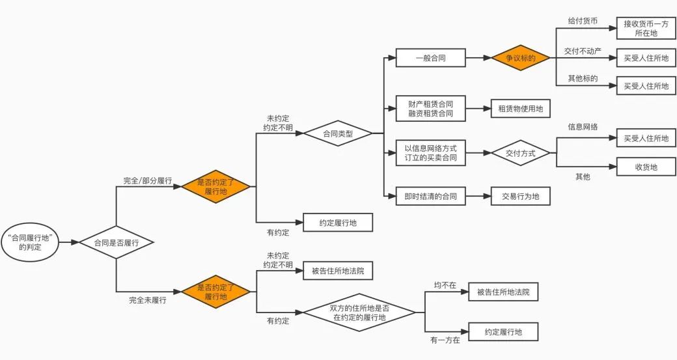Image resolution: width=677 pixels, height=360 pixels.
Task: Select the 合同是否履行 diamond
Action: point(116,243)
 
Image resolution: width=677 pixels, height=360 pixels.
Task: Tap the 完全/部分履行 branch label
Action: point(148,181)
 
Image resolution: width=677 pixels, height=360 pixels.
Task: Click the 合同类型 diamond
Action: point(338,133)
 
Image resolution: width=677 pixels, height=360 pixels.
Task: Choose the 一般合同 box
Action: point(430,58)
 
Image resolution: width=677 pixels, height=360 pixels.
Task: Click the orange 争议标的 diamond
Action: point(521,58)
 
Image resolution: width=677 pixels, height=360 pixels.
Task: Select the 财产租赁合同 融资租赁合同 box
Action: point(430,109)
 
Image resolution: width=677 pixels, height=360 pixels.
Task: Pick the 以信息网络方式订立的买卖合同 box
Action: point(430,153)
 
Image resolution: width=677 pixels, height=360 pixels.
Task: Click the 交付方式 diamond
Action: point(520,153)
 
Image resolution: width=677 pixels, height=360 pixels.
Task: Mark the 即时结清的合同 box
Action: point(430,195)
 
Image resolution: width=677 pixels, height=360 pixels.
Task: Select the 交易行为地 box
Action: point(520,195)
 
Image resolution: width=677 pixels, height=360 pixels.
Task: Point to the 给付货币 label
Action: point(583,21)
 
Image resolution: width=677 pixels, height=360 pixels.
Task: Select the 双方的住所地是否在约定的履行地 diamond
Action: point(359,312)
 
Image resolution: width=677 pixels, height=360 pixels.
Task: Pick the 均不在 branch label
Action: point(445,285)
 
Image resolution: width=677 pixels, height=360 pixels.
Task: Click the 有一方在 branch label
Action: point(445,340)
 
